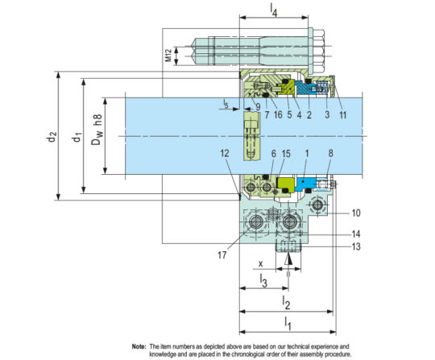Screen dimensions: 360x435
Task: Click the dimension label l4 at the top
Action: click(275, 11)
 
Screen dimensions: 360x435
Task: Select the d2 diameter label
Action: click(51, 137)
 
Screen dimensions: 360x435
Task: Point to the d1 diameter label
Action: click(76, 137)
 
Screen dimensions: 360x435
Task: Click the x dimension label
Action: click(261, 263)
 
